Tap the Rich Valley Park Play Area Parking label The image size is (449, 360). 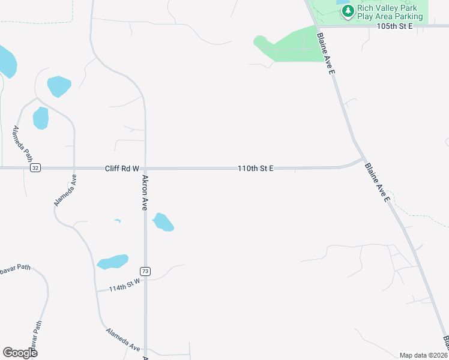point(390,13)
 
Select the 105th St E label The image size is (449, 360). point(395,26)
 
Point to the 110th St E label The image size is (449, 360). point(255,169)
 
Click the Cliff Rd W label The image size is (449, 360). point(121,169)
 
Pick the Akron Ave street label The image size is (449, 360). point(145,193)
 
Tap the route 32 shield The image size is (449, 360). point(36,168)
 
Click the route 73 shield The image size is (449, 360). point(145,271)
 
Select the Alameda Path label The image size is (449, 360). point(23,143)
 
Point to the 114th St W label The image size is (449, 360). point(124,284)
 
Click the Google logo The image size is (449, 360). point(20,353)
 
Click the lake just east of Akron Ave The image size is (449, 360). point(163,222)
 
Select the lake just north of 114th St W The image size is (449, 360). point(113,262)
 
